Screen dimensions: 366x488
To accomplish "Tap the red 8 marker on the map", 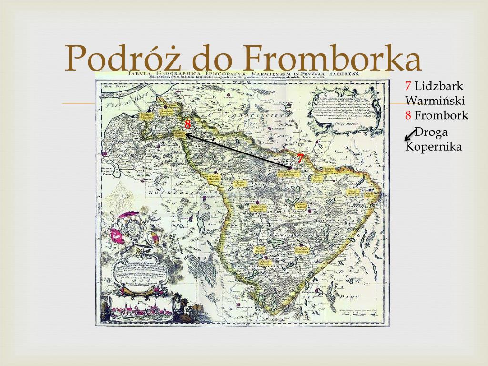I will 188,123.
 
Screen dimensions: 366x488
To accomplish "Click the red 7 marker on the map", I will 300,159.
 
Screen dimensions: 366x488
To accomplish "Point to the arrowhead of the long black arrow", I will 187,135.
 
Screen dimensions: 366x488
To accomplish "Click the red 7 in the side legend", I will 408,86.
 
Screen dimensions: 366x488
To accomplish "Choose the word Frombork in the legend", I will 441,115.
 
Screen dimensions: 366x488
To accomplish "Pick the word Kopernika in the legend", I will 433,146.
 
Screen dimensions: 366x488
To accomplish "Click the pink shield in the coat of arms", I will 115,234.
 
